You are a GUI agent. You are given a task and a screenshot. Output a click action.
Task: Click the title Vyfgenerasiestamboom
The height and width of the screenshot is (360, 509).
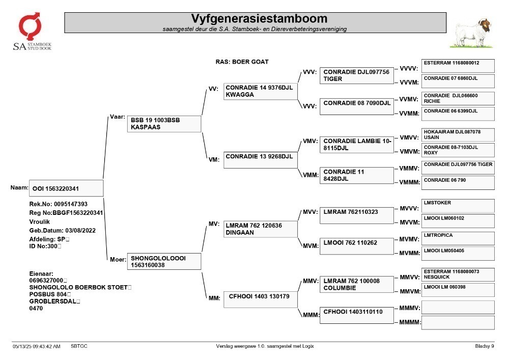pos(259,18)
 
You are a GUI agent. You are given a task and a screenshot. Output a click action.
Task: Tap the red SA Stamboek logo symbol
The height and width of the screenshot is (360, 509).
pos(30,26)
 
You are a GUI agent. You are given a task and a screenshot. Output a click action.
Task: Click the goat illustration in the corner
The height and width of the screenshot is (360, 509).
pos(472,33)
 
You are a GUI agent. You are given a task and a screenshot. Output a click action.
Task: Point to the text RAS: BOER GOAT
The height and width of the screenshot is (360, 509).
pos(242,62)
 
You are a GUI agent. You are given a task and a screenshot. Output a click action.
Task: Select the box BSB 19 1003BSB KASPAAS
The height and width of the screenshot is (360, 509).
pos(164,124)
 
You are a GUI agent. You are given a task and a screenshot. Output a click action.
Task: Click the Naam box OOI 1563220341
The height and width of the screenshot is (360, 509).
pos(66,188)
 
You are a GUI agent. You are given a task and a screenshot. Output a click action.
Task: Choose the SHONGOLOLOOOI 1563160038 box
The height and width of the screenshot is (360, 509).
pos(164,261)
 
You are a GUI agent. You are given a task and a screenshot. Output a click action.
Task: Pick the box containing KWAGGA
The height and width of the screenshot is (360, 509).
pos(260,91)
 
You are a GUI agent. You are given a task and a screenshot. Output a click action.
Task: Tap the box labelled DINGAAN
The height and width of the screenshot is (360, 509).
pos(260,229)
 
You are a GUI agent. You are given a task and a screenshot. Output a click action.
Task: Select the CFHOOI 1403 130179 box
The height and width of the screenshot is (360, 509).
pos(260,299)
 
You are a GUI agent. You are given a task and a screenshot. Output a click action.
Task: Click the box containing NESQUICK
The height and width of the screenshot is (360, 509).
pos(458,274)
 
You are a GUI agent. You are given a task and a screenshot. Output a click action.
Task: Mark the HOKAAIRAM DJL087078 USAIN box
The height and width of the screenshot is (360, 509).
pos(458,135)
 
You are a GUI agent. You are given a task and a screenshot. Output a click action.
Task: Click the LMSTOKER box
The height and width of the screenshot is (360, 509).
pos(458,206)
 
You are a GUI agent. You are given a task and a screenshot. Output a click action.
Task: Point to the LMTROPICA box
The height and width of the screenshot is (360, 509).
pos(458,238)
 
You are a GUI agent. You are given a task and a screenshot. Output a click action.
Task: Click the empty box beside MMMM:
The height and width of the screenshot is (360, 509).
pos(458,323)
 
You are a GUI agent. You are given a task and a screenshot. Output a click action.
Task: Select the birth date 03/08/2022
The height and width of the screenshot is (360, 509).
pos(80,231)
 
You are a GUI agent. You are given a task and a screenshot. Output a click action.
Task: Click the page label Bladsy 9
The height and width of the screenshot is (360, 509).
pos(485,346)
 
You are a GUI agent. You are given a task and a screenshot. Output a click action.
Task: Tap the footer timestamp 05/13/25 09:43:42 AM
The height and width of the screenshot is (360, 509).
pos(36,346)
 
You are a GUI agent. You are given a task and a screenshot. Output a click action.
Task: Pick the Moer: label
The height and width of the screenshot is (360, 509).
pos(118,259)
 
